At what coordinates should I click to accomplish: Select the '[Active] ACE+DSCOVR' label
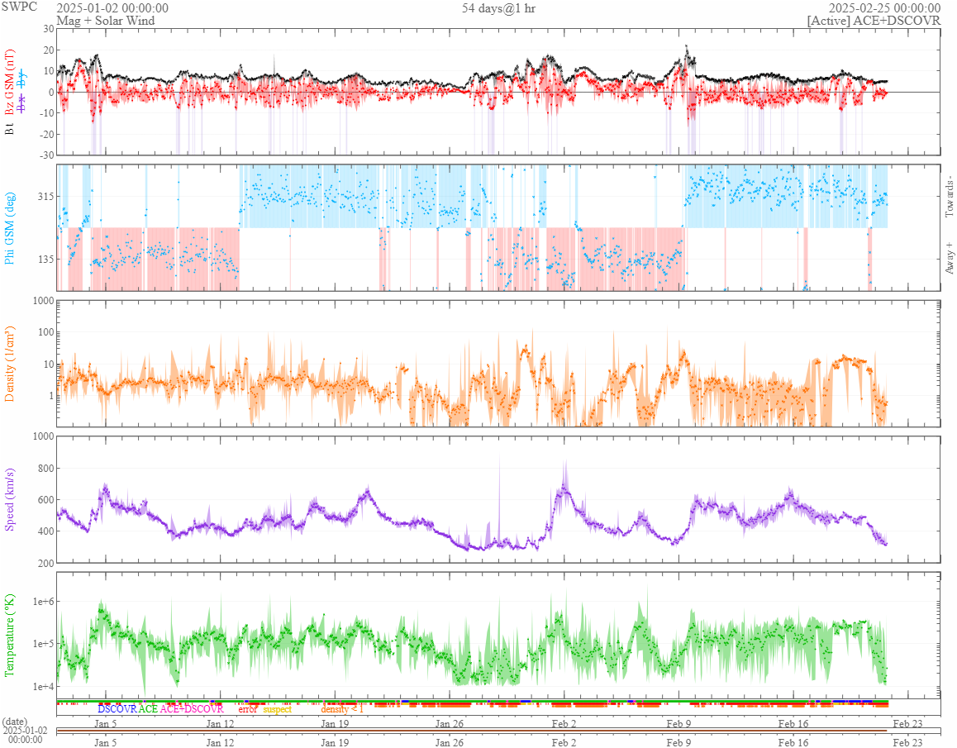[874, 21]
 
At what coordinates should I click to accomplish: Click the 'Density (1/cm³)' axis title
[10, 363]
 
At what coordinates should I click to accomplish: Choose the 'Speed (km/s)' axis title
[10, 499]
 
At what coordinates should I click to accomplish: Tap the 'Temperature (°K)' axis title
[10, 636]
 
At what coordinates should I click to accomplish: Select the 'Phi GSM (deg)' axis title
[10, 227]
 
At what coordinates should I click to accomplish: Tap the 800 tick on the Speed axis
[43, 469]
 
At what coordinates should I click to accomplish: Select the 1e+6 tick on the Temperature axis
[40, 602]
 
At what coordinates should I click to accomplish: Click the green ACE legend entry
[148, 709]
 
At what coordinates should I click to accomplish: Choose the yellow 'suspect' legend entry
[278, 709]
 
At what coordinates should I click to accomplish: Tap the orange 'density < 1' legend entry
[342, 709]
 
